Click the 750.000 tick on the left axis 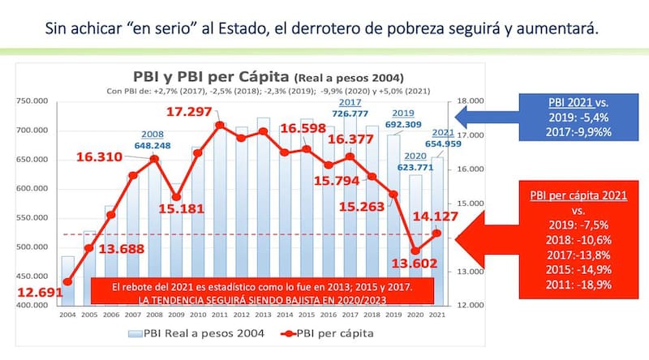pos(31,101)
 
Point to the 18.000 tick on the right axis pos(471,101)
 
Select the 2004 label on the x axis pos(67,314)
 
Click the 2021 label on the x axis pos(439,314)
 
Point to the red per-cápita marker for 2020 pos(415,251)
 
